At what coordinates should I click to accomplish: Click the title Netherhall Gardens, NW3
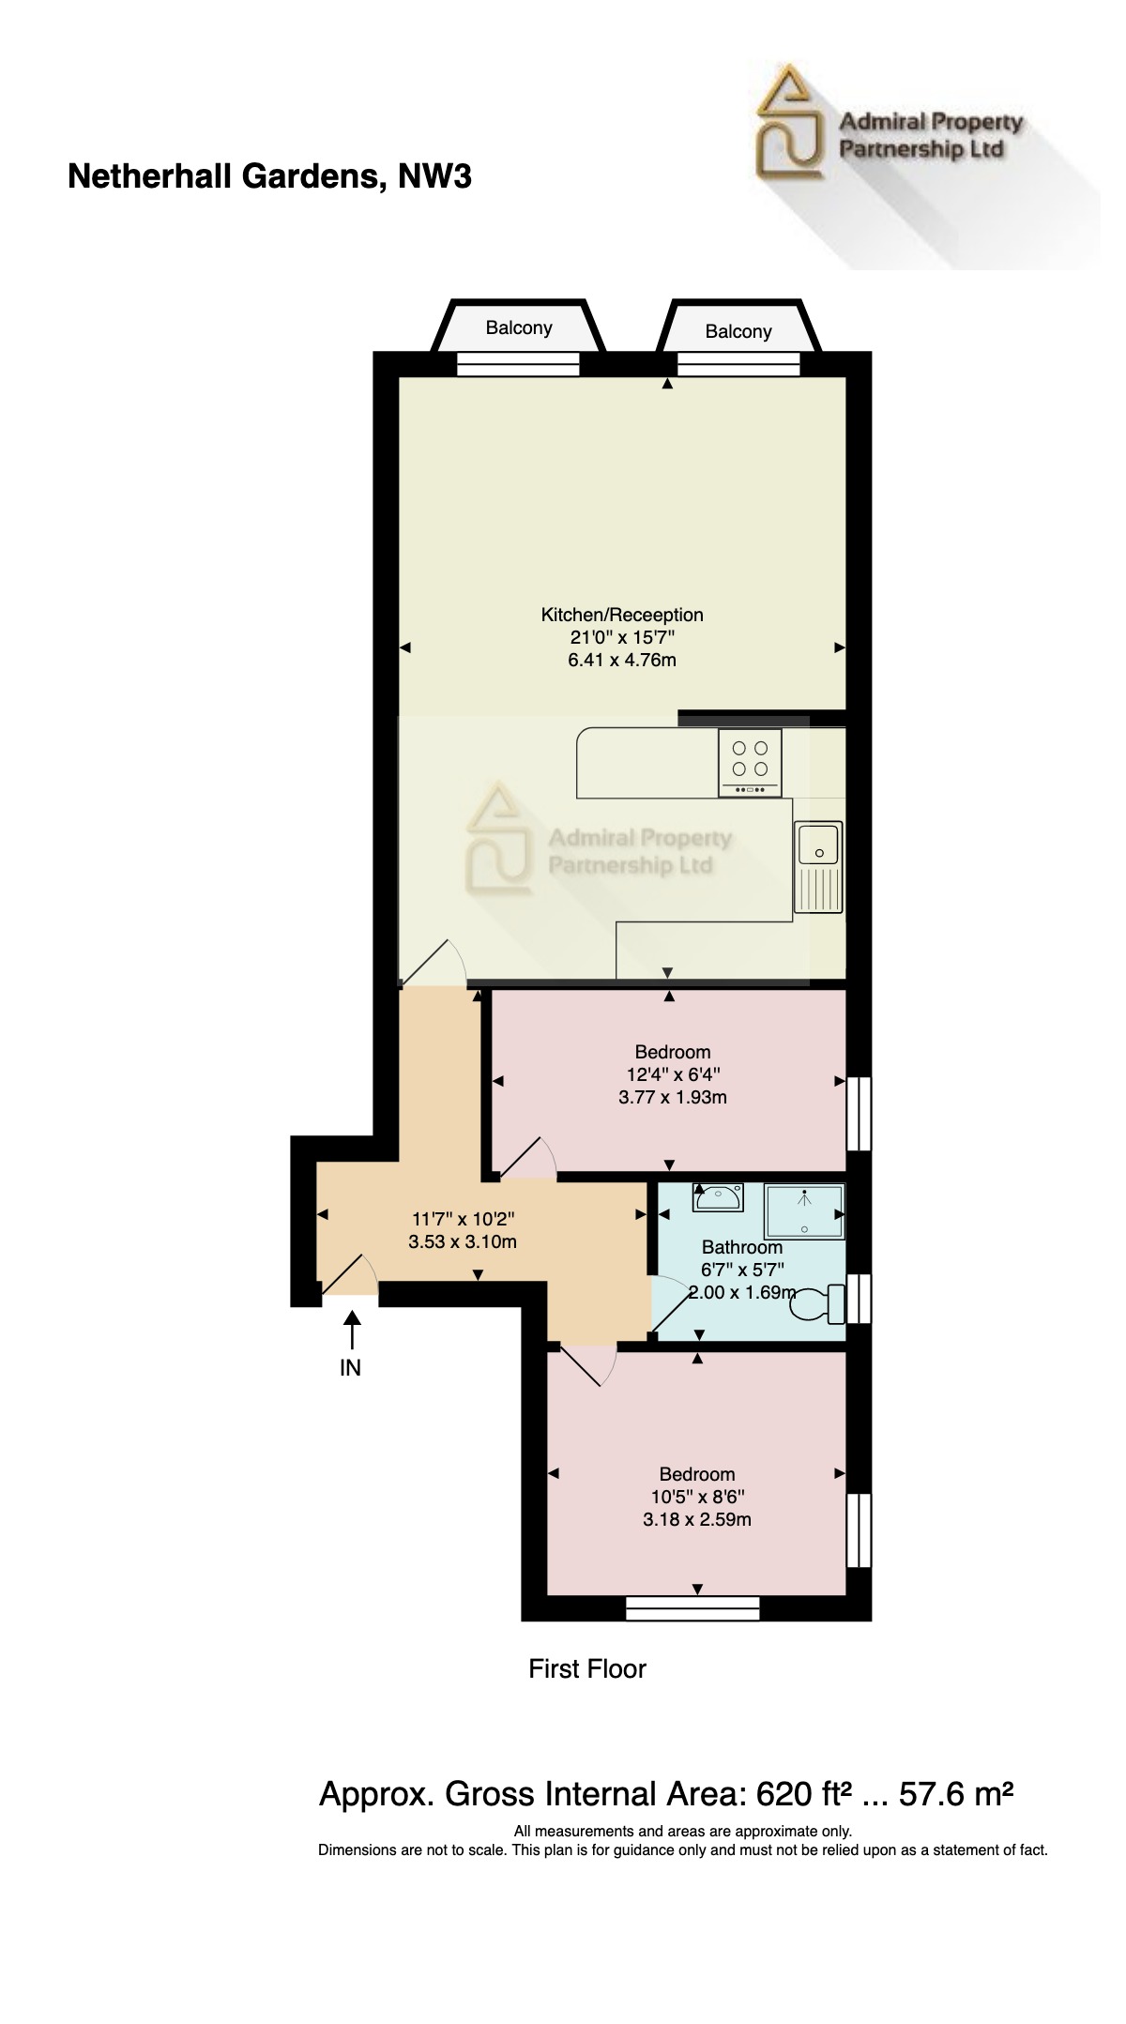click(269, 176)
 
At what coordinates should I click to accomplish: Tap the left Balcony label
click(518, 327)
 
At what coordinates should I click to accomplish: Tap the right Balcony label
click(738, 331)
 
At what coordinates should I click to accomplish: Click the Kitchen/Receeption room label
click(621, 615)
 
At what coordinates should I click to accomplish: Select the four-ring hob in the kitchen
click(749, 762)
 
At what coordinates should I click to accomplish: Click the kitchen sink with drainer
click(818, 866)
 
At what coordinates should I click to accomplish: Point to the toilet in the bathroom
click(819, 1303)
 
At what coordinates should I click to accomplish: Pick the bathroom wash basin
click(719, 1196)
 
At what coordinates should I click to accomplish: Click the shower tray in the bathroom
click(804, 1211)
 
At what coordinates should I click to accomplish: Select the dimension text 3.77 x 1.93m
click(672, 1097)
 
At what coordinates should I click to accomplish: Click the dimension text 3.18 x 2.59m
click(696, 1519)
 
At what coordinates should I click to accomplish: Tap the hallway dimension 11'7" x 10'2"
click(463, 1219)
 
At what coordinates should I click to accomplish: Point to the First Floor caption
click(586, 1668)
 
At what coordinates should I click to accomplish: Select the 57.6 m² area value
click(955, 1794)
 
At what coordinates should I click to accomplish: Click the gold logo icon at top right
click(789, 122)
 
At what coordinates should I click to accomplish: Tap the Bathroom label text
click(741, 1247)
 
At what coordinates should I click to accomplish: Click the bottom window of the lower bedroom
click(692, 1608)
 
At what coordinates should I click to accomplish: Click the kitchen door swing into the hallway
click(434, 964)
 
